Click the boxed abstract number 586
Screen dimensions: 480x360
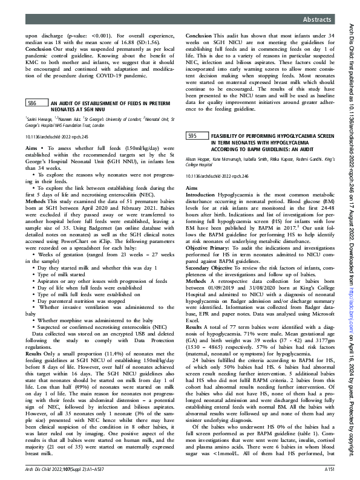click(x=33, y=104)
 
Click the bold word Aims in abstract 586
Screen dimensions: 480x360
click(x=31, y=148)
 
